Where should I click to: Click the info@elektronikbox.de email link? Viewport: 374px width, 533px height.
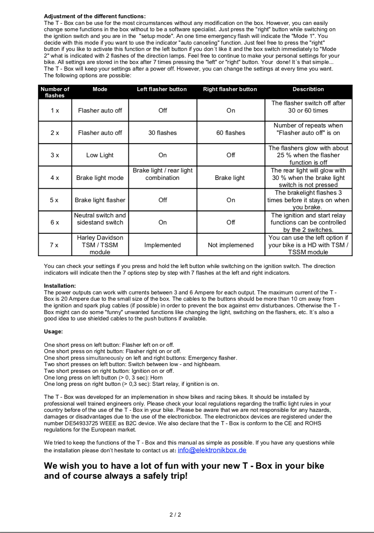click(212, 450)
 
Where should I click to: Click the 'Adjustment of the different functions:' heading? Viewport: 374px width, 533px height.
click(95, 16)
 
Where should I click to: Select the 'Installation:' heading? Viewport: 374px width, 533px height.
click(60, 286)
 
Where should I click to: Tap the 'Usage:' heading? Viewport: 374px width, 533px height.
click(54, 332)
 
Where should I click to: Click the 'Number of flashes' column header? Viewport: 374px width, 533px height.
click(55, 92)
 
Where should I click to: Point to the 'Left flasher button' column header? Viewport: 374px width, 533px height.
click(162, 89)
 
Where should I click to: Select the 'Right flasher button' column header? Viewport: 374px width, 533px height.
click(230, 89)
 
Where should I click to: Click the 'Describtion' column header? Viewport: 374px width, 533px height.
click(308, 89)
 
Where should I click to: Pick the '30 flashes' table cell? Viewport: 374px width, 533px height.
click(162, 133)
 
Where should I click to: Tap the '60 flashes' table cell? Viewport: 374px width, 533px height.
click(230, 133)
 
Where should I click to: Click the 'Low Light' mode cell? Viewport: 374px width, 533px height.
click(100, 155)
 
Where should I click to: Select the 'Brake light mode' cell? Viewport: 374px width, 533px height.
click(100, 178)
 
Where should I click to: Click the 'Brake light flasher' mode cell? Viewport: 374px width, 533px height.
click(100, 200)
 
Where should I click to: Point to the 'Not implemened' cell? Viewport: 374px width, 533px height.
click(230, 245)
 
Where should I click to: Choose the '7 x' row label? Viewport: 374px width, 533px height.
click(54, 245)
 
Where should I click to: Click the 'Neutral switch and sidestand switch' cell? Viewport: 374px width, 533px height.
click(100, 219)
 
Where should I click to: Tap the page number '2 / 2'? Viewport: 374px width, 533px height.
click(175, 515)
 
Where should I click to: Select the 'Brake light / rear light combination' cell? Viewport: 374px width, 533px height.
click(162, 174)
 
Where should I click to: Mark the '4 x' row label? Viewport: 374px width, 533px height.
click(55, 178)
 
